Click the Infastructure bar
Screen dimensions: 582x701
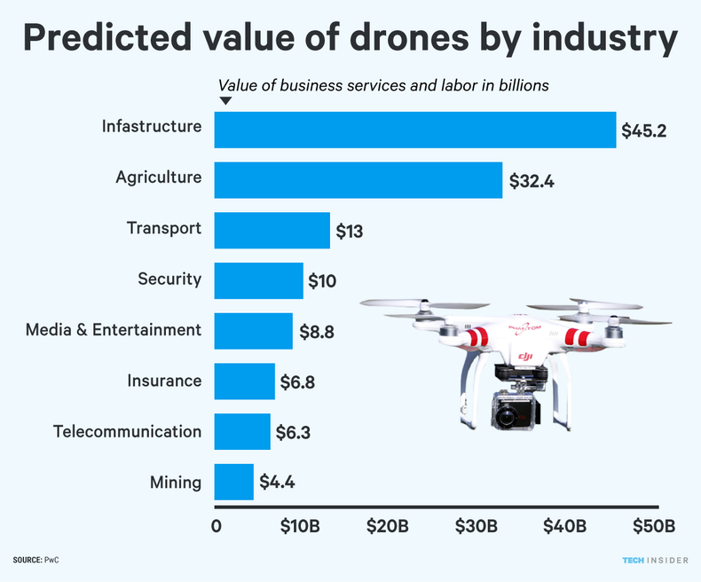point(414,130)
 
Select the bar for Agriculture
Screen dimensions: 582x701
point(358,180)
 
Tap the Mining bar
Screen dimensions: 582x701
point(233,483)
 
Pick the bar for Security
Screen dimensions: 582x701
point(258,280)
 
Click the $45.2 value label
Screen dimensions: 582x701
point(644,131)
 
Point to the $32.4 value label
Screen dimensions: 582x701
point(532,181)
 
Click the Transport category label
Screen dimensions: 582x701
point(164,229)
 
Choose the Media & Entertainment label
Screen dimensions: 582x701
point(114,330)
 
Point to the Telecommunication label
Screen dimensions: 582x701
point(127,432)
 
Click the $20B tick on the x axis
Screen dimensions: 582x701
point(388,525)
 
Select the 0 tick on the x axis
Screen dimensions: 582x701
point(217,525)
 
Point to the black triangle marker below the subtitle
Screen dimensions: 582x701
point(225,101)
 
